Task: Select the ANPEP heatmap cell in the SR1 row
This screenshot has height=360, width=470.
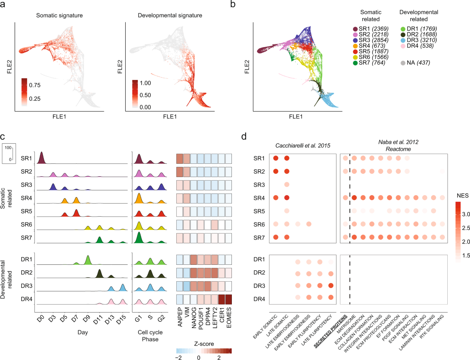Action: click(180, 159)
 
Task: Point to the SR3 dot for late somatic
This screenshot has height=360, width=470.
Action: click(287, 185)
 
